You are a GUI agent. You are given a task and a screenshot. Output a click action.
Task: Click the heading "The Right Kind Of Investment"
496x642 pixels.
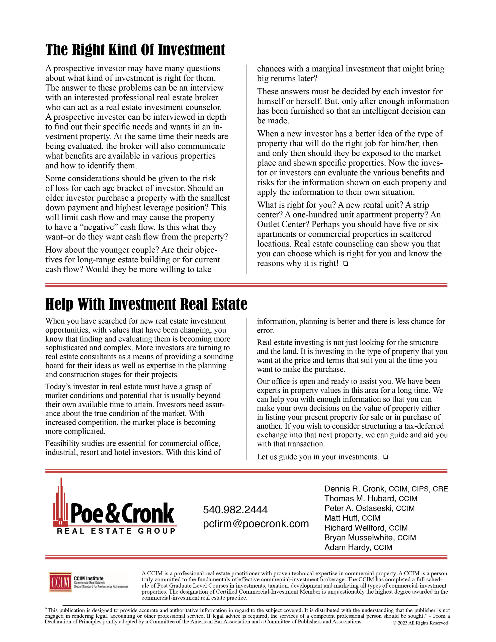(135, 50)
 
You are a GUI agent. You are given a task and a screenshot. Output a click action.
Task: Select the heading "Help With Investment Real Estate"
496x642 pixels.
(146, 304)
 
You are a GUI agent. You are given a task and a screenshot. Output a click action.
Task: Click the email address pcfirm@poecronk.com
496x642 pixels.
(256, 524)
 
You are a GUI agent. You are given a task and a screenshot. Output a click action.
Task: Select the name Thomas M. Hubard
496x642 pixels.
(360, 499)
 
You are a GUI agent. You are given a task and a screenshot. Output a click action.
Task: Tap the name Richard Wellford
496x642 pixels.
(355, 528)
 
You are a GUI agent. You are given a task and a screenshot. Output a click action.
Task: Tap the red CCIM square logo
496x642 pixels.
(60, 582)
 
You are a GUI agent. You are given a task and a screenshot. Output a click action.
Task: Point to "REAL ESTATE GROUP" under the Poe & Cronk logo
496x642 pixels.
(116, 531)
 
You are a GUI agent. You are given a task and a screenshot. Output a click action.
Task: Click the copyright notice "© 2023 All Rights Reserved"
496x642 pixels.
(420, 623)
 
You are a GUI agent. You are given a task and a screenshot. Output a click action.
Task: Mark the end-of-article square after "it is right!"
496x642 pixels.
(346, 264)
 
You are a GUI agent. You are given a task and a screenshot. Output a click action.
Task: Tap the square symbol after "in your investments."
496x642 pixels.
(386, 457)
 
